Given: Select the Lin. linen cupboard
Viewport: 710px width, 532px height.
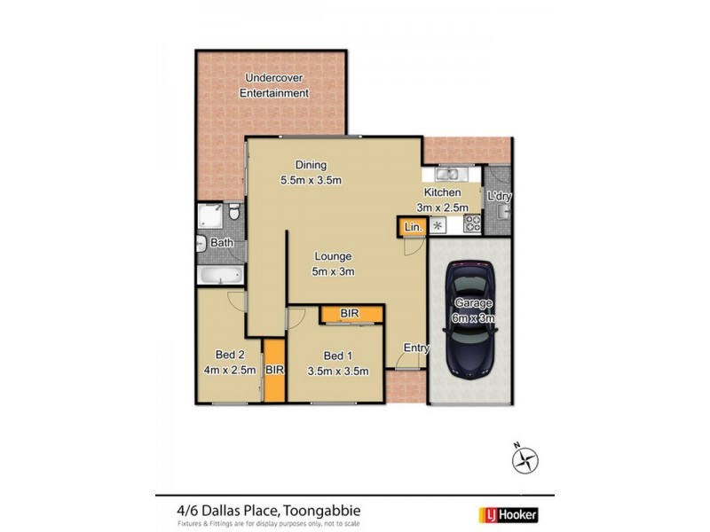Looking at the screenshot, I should pyautogui.click(x=411, y=227).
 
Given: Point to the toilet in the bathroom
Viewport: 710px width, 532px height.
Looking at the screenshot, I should pyautogui.click(x=233, y=214).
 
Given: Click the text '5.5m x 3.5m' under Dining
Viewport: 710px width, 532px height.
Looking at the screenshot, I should pyautogui.click(x=312, y=181).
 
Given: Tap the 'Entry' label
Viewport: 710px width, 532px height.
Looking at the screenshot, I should pyautogui.click(x=416, y=348).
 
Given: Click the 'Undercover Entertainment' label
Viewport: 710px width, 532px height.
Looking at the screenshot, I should pyautogui.click(x=278, y=85).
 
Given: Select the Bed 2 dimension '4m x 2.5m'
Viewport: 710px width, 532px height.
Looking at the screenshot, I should pyautogui.click(x=229, y=371).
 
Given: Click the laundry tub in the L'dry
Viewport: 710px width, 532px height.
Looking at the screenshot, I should pyautogui.click(x=503, y=210).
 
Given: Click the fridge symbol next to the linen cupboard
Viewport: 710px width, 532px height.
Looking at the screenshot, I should pyautogui.click(x=436, y=227).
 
